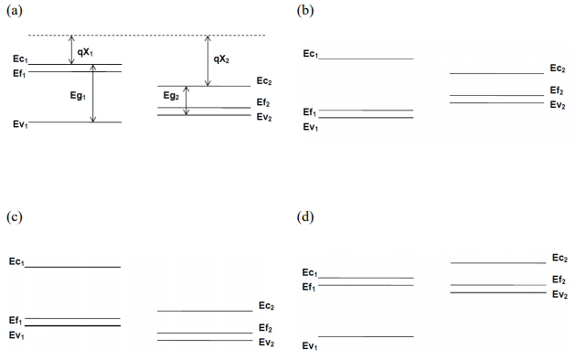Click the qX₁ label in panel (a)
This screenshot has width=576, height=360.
[x=86, y=52]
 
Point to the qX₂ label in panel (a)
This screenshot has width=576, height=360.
[x=222, y=59]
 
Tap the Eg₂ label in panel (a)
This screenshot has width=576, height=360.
[x=172, y=96]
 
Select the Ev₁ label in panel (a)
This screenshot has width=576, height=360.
[x=21, y=123]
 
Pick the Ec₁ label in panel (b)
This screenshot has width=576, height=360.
[x=311, y=54]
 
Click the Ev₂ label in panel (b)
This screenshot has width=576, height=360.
[x=557, y=104]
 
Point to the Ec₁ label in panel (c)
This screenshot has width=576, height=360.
[x=16, y=262]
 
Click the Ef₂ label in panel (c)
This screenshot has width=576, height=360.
[x=266, y=328]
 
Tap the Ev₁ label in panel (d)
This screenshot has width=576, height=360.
[x=311, y=345]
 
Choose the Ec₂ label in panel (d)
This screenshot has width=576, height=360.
[x=560, y=259]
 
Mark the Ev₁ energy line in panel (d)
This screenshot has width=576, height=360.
[x=366, y=337]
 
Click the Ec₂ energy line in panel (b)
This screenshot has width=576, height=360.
[x=496, y=73]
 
